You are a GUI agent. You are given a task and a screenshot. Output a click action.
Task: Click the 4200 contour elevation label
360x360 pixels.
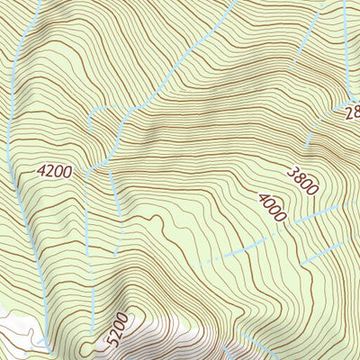pos(54,169)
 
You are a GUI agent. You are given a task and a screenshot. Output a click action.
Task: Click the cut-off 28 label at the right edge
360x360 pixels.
pos(351,112)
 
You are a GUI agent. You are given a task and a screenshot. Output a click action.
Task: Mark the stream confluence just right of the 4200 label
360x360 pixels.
pos(93,168)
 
